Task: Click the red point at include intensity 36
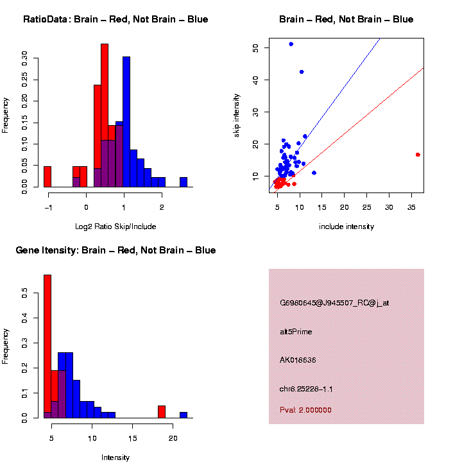[418, 155]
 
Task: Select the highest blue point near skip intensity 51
[291, 44]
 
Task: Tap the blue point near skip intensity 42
[302, 72]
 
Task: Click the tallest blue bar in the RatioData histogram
[126, 122]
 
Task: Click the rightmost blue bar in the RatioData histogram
[184, 182]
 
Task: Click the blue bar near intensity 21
[184, 415]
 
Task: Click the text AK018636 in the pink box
[298, 360]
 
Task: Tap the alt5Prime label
[296, 332]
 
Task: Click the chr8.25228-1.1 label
[306, 389]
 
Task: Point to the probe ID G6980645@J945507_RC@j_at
[334, 303]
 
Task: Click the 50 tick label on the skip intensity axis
[256, 47]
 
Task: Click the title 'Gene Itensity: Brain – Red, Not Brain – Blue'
[116, 250]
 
